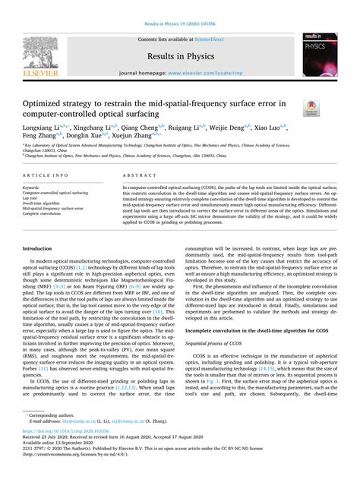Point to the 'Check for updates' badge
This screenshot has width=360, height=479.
[309, 110]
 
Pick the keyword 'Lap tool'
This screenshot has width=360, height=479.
[33, 196]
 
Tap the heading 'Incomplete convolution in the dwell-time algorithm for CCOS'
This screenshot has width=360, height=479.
[249, 290]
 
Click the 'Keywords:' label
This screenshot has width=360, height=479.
[32, 186]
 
